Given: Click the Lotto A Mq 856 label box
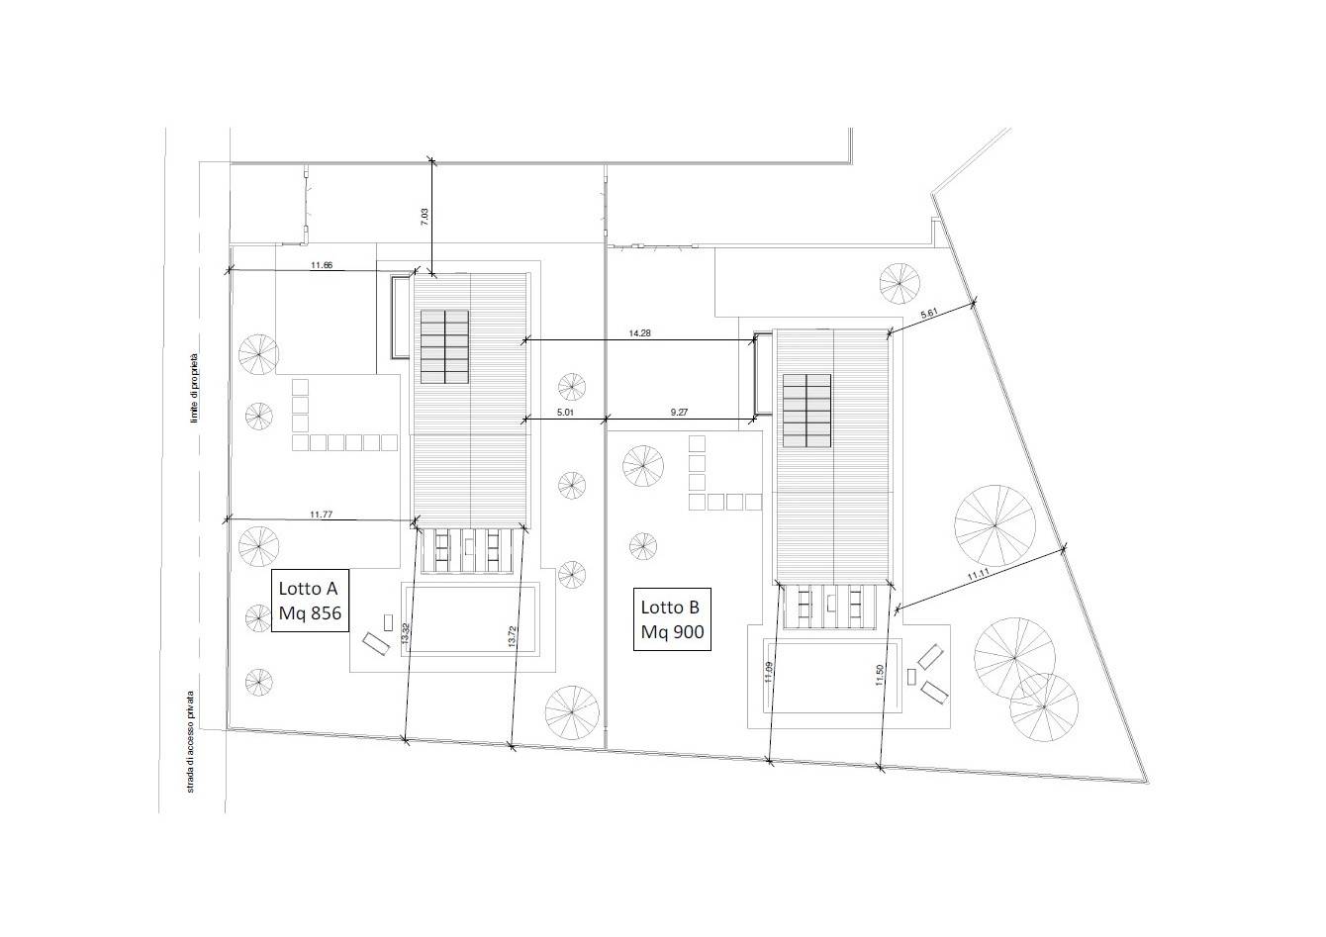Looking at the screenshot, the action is click(310, 601).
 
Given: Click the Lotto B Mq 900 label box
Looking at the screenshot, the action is click(672, 619).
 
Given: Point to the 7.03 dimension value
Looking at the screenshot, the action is click(424, 217).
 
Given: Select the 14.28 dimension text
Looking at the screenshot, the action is click(639, 333).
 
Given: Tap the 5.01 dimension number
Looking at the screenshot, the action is click(565, 413).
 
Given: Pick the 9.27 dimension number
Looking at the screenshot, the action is click(679, 413).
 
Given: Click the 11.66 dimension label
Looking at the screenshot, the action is click(322, 265).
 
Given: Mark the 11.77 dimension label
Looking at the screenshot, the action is click(321, 515).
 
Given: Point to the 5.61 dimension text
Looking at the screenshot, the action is click(929, 315).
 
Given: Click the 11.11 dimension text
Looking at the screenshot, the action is click(978, 575).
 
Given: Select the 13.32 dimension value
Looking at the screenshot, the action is click(406, 634).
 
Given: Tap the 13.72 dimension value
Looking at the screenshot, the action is click(512, 636).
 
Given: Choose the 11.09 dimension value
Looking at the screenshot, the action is click(768, 673).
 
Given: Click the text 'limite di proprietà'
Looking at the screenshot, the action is click(194, 388).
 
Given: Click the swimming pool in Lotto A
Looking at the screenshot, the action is click(471, 619).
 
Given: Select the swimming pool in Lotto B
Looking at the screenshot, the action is click(833, 676).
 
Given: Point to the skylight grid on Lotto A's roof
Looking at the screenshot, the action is click(444, 347).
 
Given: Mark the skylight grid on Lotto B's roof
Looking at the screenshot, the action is click(806, 411).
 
